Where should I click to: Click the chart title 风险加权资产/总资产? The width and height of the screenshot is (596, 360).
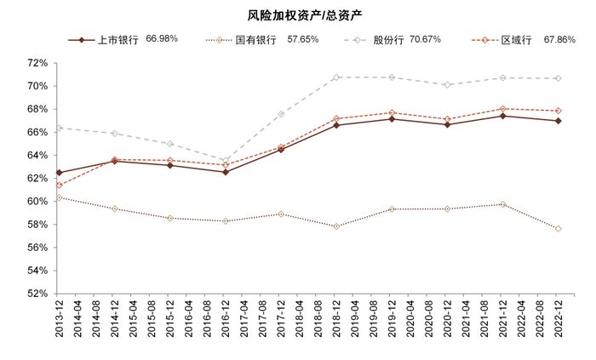[x=297, y=14]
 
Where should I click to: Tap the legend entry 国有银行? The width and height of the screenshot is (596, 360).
[x=255, y=40]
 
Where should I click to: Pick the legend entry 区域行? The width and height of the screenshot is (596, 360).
[x=516, y=40]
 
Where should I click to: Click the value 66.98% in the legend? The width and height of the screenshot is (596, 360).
[x=162, y=39]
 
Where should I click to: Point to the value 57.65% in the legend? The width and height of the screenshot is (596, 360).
[x=303, y=39]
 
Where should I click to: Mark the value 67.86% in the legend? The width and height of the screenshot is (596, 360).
[x=560, y=39]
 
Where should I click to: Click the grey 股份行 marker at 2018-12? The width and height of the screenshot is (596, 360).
[x=336, y=77]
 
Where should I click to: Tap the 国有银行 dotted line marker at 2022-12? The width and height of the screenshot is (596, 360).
[x=559, y=228]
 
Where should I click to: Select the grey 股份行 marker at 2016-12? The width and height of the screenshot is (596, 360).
[x=226, y=161]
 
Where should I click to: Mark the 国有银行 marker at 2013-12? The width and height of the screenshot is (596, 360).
[x=59, y=197]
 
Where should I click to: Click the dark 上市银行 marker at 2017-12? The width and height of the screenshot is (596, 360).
[x=281, y=150]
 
